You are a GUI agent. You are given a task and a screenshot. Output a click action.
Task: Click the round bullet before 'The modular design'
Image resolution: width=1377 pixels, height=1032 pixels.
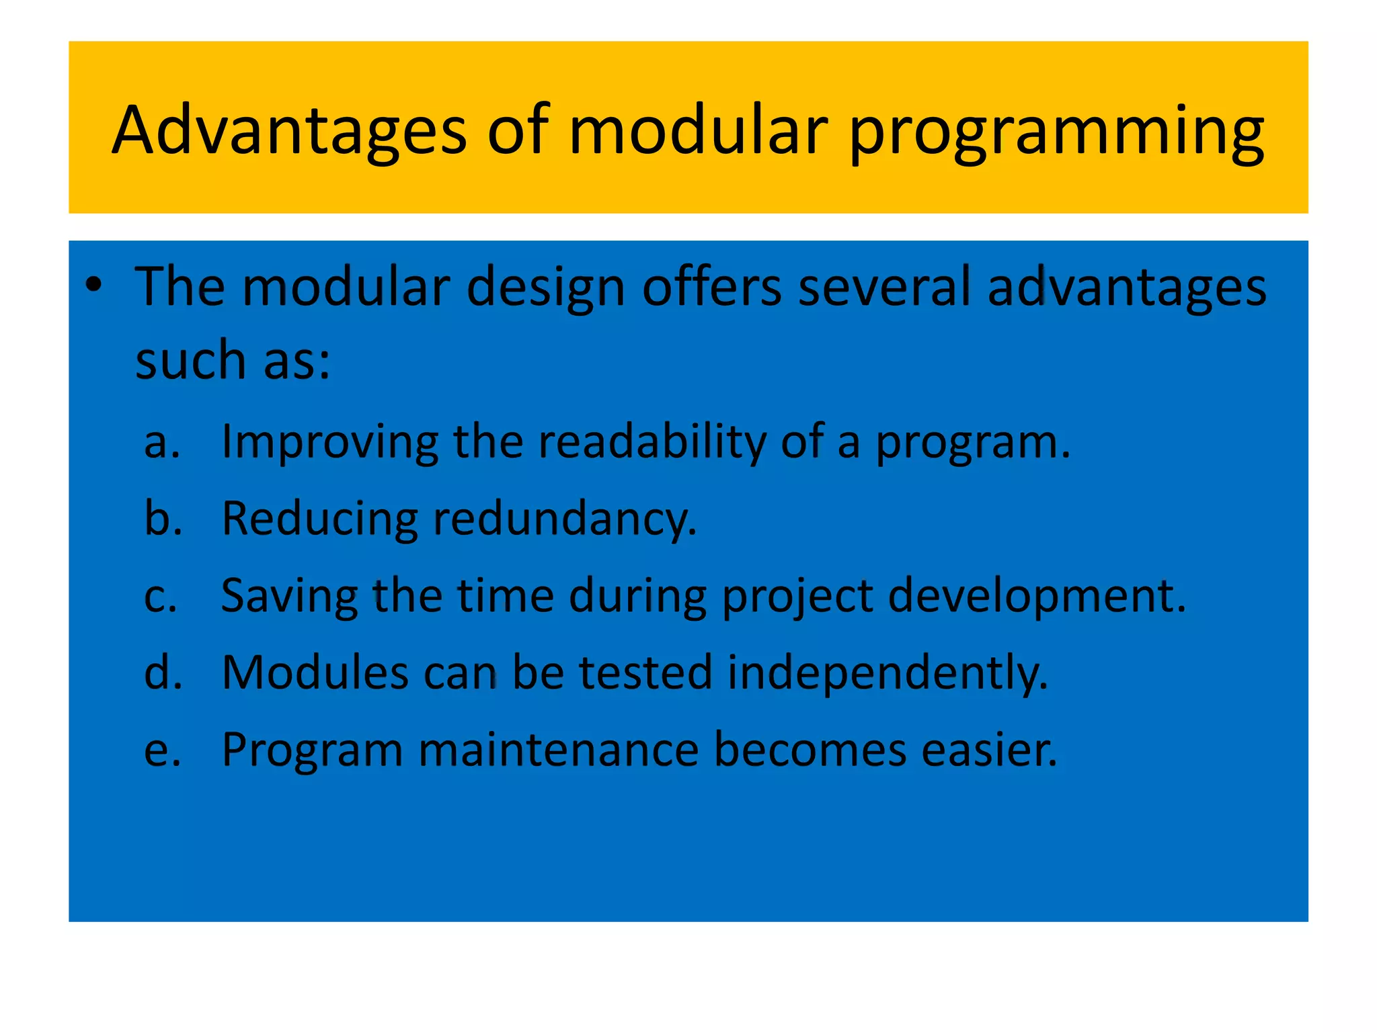point(93,285)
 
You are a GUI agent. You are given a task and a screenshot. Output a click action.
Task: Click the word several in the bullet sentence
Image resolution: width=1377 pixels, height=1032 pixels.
point(884,288)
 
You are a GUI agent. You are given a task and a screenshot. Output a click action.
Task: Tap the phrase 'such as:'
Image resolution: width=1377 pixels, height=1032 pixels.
point(233,360)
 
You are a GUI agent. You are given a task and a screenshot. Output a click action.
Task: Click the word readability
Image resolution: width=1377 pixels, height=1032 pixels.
point(652,444)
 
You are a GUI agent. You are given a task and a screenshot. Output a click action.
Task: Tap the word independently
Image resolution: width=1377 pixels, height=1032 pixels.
point(888,675)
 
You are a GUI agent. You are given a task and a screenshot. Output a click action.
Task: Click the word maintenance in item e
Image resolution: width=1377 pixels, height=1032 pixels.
point(558,750)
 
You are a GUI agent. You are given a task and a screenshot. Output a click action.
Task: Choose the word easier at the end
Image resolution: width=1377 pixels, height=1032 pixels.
point(988,750)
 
